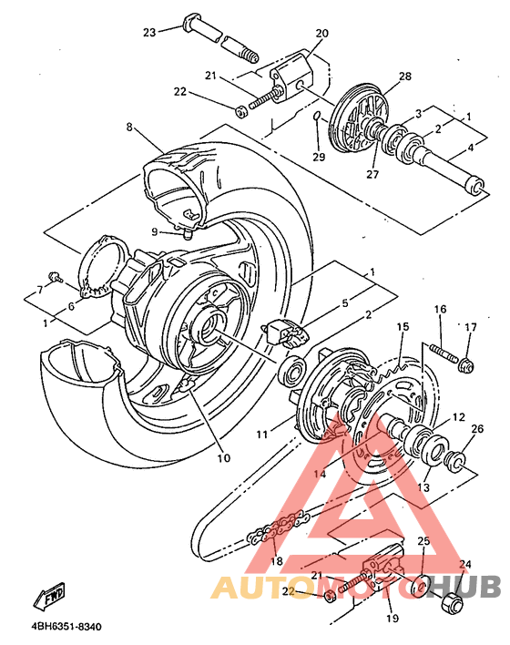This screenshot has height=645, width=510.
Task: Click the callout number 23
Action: [x=149, y=32]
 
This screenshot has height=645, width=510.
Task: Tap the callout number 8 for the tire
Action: [x=130, y=128]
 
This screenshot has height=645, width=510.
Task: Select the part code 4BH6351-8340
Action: [x=66, y=628]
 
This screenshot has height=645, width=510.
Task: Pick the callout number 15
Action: [x=403, y=326]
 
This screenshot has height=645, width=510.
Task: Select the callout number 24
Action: [x=465, y=564]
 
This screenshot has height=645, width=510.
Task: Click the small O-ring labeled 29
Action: [x=317, y=118]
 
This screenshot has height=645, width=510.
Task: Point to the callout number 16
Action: [x=439, y=310]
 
